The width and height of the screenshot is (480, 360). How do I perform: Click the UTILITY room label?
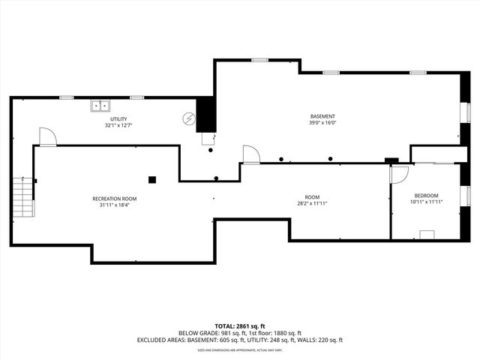[x=118, y=119]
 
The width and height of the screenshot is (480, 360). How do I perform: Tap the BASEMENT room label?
[x=322, y=116]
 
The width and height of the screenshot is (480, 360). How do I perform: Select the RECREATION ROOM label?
[x=115, y=199]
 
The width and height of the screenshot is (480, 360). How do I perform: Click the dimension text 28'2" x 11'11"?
[x=312, y=202]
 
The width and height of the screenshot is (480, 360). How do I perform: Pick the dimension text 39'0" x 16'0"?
[x=322, y=124]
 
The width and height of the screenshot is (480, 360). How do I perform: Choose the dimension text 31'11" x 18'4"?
[x=115, y=205]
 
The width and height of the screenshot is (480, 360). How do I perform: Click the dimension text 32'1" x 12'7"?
[x=118, y=126]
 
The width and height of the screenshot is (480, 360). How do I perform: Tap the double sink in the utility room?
[x=100, y=106]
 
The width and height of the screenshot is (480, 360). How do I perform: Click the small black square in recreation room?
[x=151, y=179]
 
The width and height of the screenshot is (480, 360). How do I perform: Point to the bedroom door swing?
[x=399, y=173]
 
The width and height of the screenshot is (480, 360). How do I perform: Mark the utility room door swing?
[x=47, y=136]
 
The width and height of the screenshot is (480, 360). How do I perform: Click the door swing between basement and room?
[x=251, y=154]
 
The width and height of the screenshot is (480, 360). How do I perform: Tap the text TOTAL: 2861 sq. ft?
[x=239, y=326]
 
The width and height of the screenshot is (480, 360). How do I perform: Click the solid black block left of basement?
[x=205, y=115]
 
